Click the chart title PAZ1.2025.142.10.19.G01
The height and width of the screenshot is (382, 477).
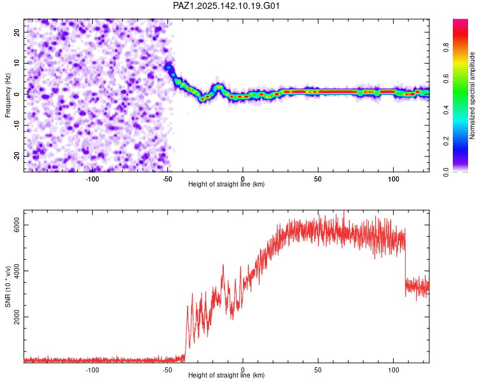click(x=226, y=6)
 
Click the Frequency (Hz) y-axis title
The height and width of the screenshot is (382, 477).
click(x=8, y=95)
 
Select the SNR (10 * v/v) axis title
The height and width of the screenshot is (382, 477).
click(x=8, y=286)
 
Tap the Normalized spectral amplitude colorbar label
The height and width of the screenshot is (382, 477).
click(x=472, y=95)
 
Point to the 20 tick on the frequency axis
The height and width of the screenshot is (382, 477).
click(x=17, y=32)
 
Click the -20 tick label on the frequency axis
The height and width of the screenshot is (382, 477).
click(x=17, y=156)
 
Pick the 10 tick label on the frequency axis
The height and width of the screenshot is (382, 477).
click(x=17, y=63)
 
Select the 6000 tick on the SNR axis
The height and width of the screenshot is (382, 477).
click(x=17, y=225)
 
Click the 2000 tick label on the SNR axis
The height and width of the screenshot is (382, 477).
click(x=17, y=317)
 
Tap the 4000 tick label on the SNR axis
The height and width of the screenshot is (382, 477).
click(x=17, y=271)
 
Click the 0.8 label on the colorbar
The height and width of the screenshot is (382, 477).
click(x=446, y=48)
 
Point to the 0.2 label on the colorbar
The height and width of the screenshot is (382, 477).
click(x=446, y=141)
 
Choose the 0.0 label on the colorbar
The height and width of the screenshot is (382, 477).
click(x=446, y=172)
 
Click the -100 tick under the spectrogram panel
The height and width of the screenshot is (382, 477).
click(x=92, y=179)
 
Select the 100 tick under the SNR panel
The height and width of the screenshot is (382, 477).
click(x=393, y=370)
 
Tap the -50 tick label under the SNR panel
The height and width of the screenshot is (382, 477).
click(x=167, y=370)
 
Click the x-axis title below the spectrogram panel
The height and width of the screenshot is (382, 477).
click(x=226, y=184)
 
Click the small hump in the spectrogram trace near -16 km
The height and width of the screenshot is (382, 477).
click(x=218, y=87)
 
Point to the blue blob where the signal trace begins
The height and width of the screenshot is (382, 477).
click(x=169, y=67)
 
